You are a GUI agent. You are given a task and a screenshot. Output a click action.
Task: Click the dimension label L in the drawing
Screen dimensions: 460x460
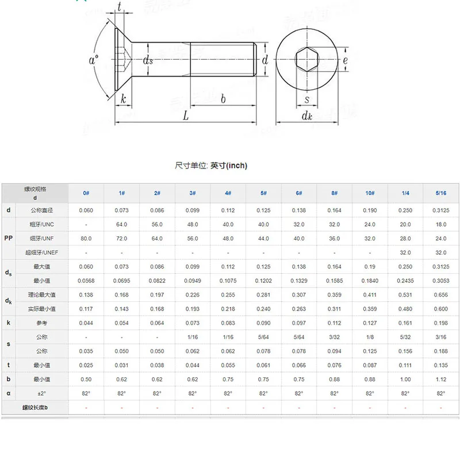coord(186,115)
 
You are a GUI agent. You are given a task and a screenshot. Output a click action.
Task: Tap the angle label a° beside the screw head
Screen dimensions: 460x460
coord(94,60)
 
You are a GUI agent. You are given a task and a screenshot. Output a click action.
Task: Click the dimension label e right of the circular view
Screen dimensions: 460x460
coord(345,60)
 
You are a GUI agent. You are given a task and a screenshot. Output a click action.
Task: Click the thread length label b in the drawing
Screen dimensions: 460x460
coord(223,98)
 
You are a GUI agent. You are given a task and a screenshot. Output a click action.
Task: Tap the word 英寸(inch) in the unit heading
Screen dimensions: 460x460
coord(228,166)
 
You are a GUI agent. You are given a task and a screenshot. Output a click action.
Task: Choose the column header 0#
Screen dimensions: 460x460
coord(86,193)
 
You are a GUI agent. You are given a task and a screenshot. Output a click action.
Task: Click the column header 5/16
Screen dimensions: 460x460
coord(441,193)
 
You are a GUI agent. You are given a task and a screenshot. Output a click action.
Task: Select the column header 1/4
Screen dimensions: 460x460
coord(405,193)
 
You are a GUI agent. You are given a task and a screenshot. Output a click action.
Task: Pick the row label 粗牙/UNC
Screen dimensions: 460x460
coord(42,224)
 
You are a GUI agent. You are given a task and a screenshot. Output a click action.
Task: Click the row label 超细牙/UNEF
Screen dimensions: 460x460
coord(42,252)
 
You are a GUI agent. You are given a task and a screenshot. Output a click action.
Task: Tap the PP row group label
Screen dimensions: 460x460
coord(9,237)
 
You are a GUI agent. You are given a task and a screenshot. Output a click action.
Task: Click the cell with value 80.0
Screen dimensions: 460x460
coord(86,238)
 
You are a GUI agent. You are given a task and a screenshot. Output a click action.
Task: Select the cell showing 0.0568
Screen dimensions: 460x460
coord(86,280)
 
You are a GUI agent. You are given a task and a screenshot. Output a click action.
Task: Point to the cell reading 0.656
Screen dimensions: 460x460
coord(441,294)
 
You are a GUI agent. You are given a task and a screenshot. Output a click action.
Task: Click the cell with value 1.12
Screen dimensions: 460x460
coord(441,379)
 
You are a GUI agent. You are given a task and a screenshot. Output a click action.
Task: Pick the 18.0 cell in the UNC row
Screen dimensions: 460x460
coord(441,224)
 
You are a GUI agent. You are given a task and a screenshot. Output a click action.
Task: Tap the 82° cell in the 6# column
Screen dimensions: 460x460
coord(299,393)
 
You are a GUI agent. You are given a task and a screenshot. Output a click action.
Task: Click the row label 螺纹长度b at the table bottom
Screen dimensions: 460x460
coord(35,408)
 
